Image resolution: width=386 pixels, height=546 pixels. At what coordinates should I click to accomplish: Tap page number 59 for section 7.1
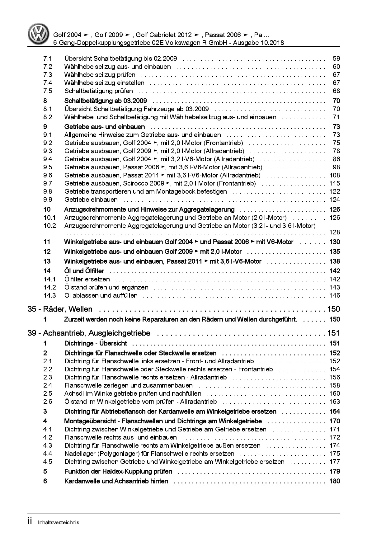[336, 59]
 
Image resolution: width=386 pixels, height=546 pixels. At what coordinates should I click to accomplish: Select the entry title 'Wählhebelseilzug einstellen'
[104, 83]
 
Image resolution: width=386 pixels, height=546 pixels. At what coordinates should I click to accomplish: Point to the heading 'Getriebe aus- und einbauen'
[104, 127]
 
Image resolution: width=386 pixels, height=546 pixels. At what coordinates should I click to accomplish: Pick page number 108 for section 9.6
[335, 175]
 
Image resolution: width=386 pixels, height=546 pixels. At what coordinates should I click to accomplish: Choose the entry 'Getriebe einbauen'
[91, 200]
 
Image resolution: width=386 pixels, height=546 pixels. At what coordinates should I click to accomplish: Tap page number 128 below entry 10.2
[335, 232]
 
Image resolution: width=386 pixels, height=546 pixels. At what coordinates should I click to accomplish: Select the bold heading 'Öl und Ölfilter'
[84, 271]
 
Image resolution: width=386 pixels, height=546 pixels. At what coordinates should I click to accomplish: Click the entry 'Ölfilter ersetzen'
[87, 279]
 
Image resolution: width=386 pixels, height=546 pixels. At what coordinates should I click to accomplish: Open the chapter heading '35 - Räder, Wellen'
[60, 309]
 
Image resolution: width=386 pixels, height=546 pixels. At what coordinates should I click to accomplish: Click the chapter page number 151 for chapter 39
[333, 333]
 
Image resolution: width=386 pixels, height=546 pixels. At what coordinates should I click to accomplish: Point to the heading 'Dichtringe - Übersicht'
[96, 343]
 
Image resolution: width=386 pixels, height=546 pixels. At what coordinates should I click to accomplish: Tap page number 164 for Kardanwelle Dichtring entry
[335, 412]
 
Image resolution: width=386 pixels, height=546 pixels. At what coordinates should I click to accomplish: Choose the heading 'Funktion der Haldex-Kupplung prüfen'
[118, 471]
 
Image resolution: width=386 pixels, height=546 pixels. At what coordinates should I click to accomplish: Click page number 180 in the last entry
[335, 481]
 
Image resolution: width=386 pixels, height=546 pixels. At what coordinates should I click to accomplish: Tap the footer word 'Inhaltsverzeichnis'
[59, 522]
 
